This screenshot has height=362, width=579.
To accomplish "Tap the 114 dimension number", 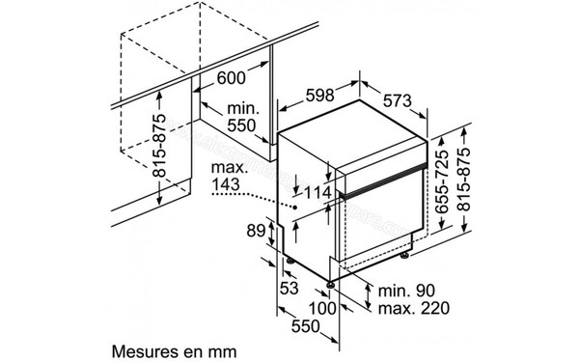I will pyautogui.click(x=317, y=193).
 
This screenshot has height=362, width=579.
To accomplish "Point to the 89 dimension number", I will pyautogui.click(x=255, y=230).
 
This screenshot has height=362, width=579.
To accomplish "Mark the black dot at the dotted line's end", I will pyautogui.click(x=292, y=206).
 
